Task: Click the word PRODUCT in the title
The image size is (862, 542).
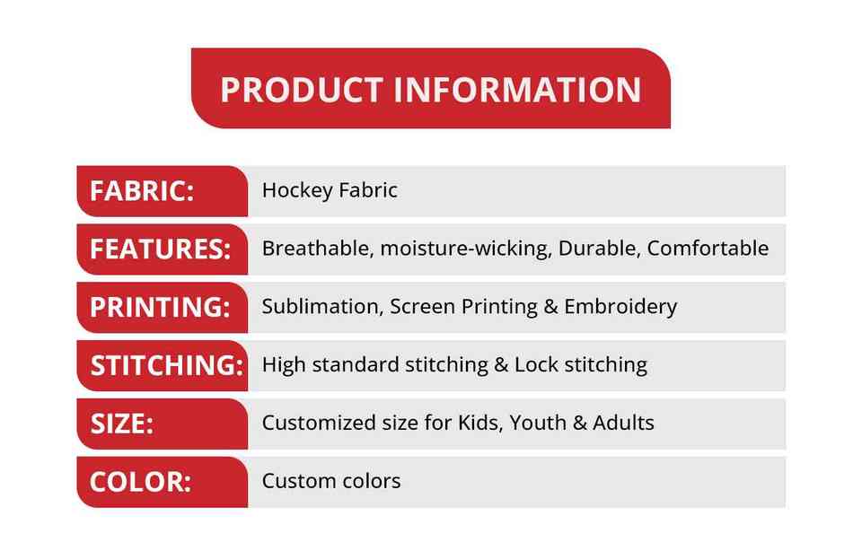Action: coord(302,90)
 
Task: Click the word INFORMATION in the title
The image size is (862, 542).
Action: coord(518,90)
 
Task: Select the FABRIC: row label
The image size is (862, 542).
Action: coord(142,191)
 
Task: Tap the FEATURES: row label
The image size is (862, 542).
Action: coord(160,249)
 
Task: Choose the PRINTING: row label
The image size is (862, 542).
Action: coord(160,307)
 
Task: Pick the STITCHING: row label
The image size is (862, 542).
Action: coord(167,365)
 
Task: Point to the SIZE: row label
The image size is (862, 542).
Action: coord(122,424)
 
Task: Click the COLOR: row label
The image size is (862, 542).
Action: coord(141,482)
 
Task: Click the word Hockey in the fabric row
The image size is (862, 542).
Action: coord(297,190)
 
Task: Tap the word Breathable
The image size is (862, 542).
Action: coord(318,249)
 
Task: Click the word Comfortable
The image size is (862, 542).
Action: coord(708,249)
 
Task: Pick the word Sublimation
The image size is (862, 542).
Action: coord(322,306)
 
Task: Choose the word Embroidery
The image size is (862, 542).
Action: coord(620,307)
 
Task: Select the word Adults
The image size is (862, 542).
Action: coord(623,423)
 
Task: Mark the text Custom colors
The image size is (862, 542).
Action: coord(331,481)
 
